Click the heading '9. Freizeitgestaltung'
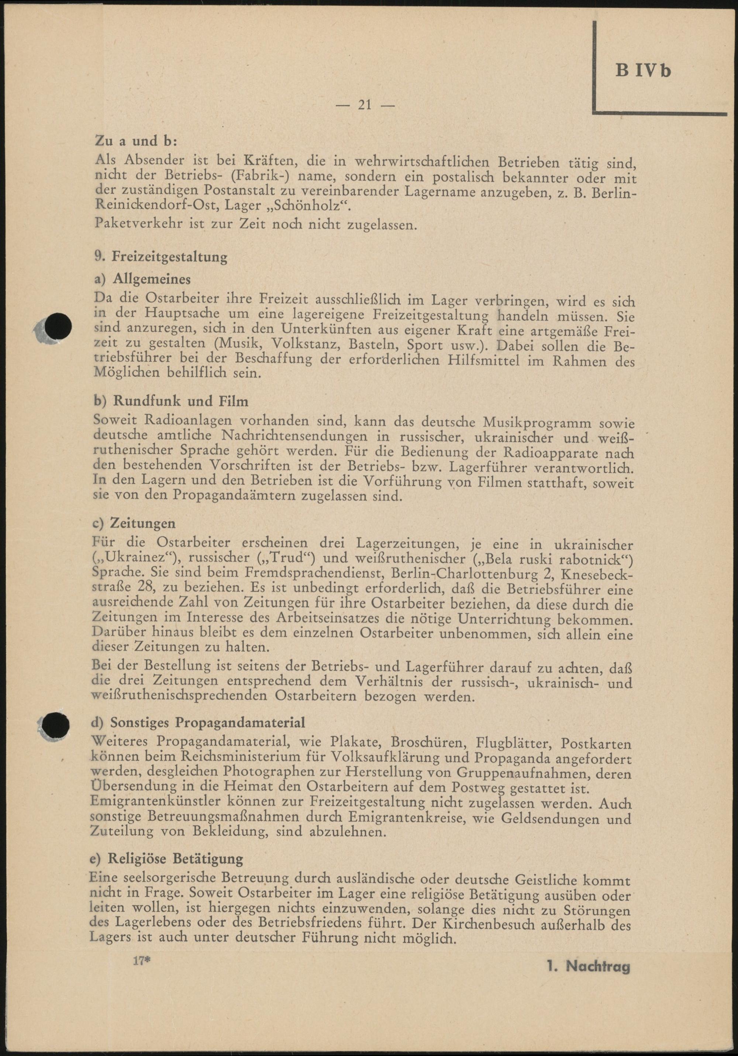[x=160, y=256]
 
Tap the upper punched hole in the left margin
[x=58, y=328]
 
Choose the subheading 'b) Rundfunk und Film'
[x=171, y=401]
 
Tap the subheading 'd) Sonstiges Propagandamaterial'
[x=199, y=722]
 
